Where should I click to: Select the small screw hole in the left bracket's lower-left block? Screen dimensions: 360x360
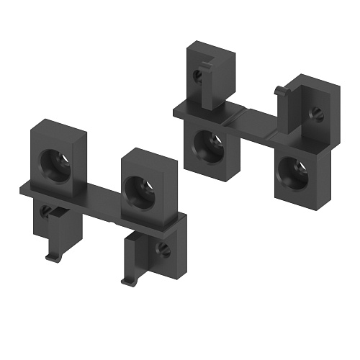coord(46,211)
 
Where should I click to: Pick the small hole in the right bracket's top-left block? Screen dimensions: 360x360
coord(197,73)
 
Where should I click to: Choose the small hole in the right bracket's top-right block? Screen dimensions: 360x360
coord(315,112)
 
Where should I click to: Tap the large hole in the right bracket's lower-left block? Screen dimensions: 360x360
coord(209,145)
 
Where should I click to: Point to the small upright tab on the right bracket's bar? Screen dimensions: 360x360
coord(279,91)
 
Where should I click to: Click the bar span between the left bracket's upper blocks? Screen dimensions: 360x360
coord(101,191)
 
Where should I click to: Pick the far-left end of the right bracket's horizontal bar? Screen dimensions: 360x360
coord(176,109)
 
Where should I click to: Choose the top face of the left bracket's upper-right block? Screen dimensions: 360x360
coord(148,155)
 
